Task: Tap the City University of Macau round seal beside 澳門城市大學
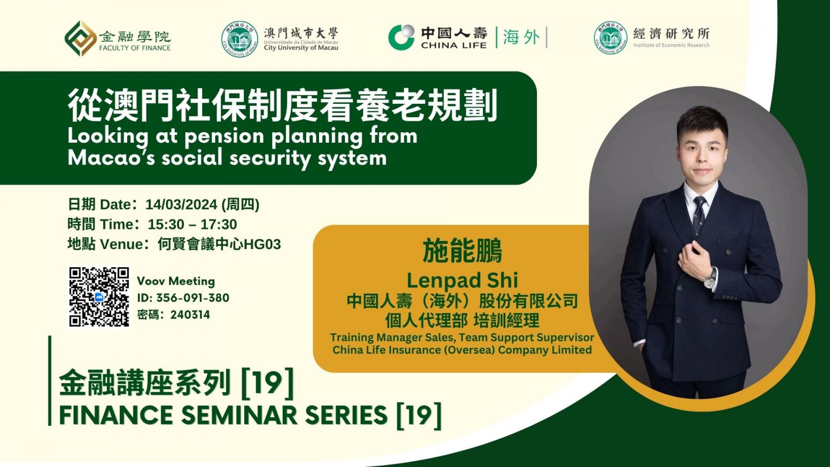(x=240, y=39)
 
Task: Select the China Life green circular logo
(x=402, y=37)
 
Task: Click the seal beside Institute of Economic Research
(x=610, y=38)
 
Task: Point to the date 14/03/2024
(x=181, y=204)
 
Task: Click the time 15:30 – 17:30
(x=192, y=224)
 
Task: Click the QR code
(x=99, y=297)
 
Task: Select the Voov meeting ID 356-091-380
(x=192, y=298)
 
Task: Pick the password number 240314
(x=190, y=314)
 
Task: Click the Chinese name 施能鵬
(x=462, y=251)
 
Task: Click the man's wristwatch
(x=710, y=278)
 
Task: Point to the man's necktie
(x=699, y=215)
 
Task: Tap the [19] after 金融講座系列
(x=268, y=382)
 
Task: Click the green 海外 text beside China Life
(x=521, y=37)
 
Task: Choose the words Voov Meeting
(x=176, y=281)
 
